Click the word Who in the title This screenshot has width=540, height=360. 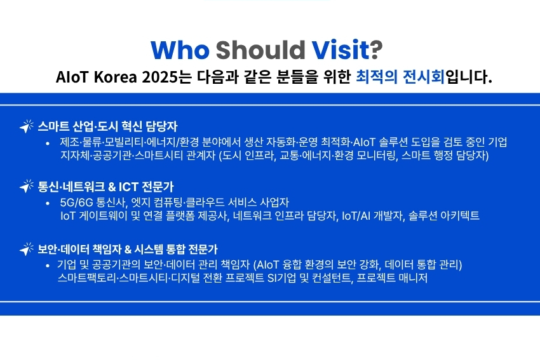click(x=180, y=50)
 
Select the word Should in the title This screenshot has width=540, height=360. click(x=260, y=50)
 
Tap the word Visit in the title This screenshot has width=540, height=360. click(x=341, y=50)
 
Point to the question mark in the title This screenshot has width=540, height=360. click(x=377, y=50)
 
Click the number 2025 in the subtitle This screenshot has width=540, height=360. click(x=161, y=77)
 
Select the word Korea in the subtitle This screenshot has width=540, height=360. click(x=116, y=77)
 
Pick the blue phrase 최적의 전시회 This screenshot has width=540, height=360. click(x=400, y=76)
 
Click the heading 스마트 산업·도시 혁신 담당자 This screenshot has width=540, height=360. click(x=107, y=126)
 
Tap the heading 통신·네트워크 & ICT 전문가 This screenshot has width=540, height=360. click(x=105, y=187)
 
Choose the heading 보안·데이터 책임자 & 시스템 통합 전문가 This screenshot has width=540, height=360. click(x=128, y=249)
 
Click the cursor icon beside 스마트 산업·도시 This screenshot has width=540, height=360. click(x=27, y=126)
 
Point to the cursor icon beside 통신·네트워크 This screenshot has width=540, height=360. click(x=27, y=186)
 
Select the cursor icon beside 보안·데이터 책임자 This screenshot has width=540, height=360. click(x=27, y=248)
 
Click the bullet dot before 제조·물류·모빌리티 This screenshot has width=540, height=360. click(x=48, y=143)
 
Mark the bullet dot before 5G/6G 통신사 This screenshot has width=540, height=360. click(x=48, y=203)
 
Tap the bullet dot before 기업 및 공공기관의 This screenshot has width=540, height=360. click(x=48, y=265)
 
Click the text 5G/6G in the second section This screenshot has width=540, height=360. click(x=76, y=203)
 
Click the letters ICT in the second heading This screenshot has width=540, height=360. click(x=128, y=187)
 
